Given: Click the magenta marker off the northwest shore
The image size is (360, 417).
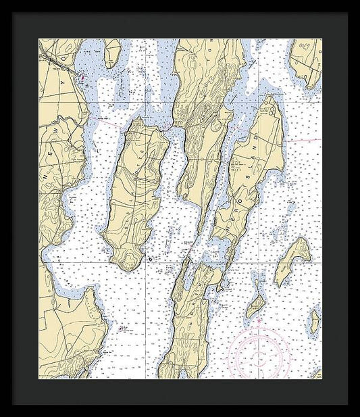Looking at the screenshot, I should pyautogui.click(x=83, y=78).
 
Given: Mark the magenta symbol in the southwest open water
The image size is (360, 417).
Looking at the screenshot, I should pyautogui.click(x=123, y=329).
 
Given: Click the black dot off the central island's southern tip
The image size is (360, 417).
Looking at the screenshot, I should pyautogui.click(x=149, y=257).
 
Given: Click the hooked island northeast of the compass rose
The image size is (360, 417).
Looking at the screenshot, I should pyautogui.click(x=292, y=260).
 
